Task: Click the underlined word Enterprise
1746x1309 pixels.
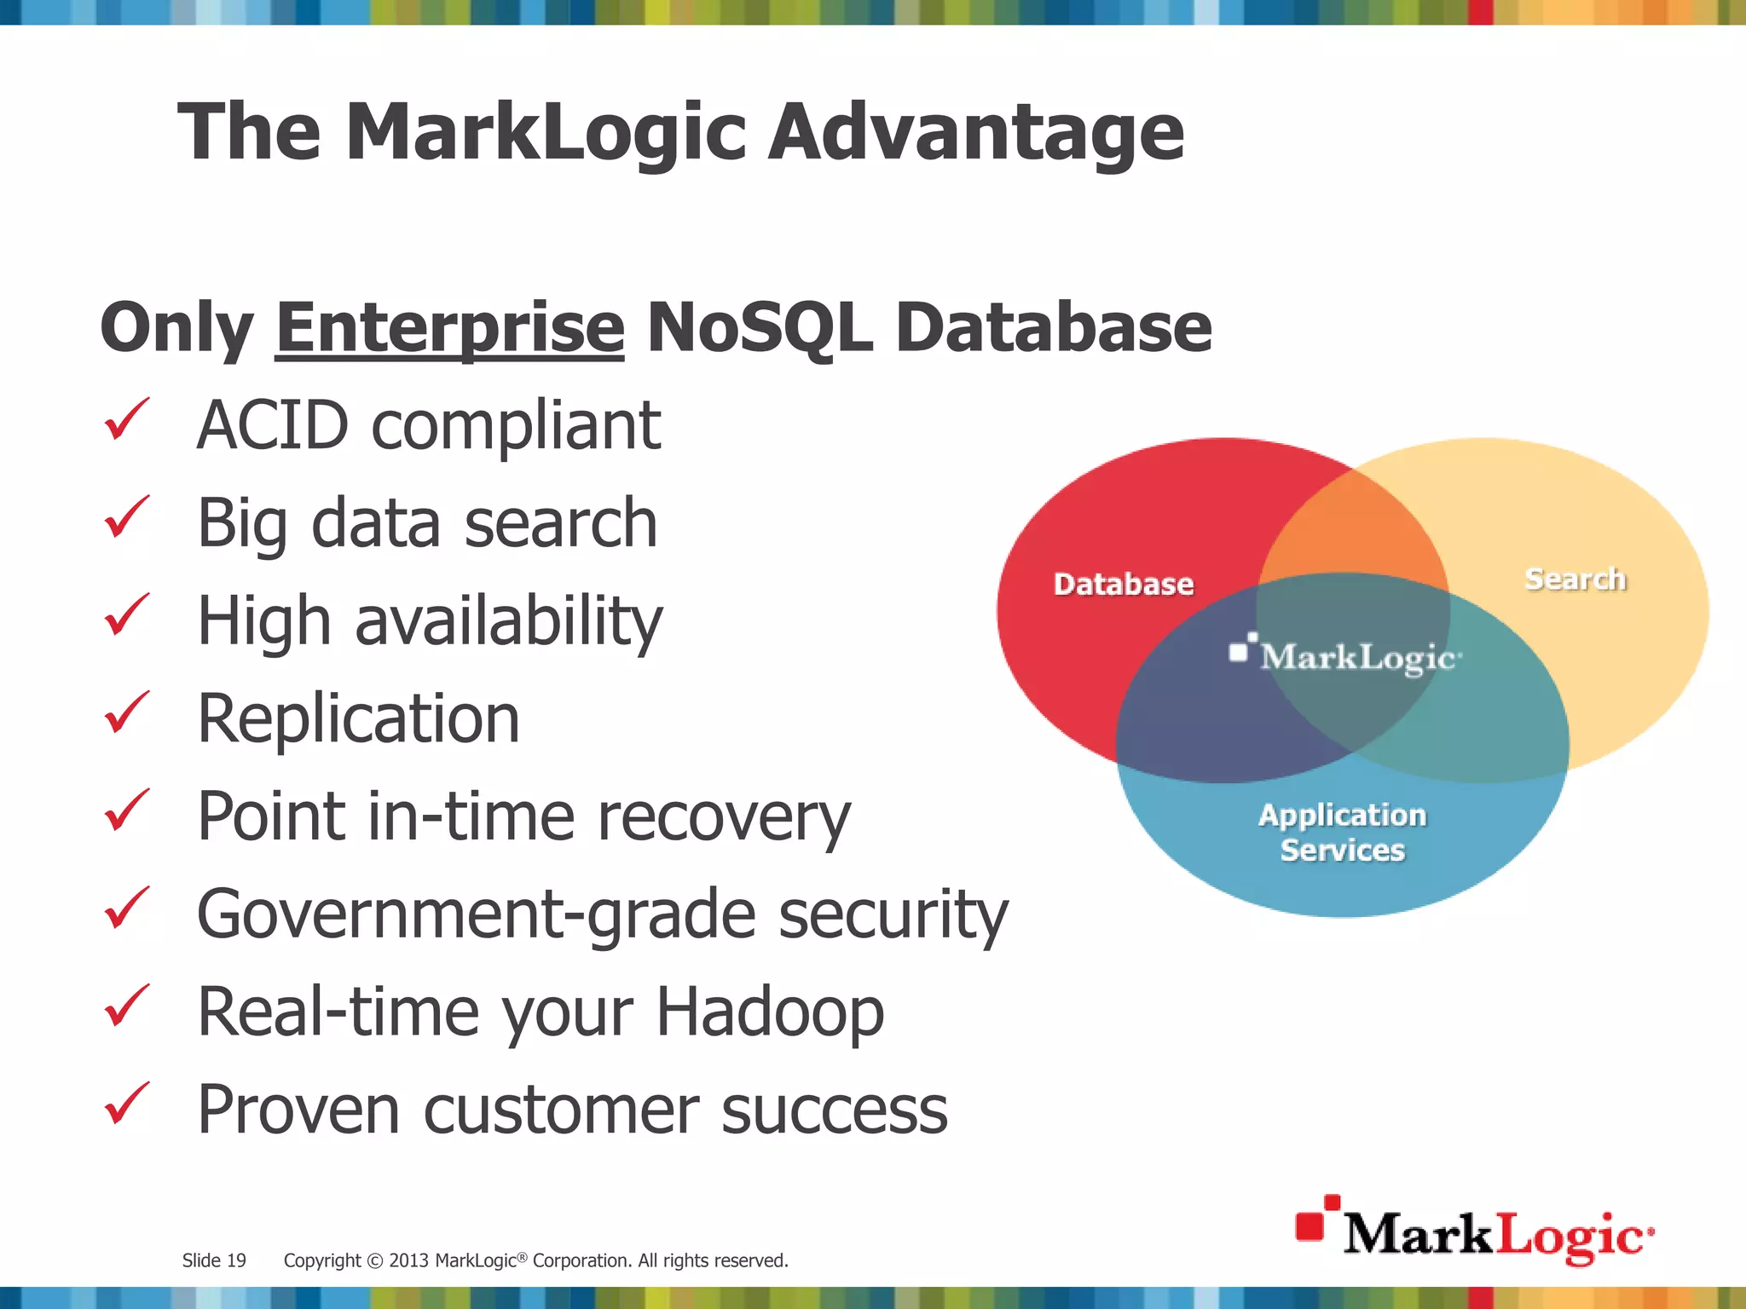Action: coord(450,329)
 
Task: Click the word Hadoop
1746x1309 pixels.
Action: coord(770,1012)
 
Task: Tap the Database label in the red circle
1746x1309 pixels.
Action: coord(1123,585)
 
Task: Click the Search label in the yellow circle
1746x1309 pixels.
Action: coord(1575,580)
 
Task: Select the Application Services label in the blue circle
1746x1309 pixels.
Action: coord(1342,833)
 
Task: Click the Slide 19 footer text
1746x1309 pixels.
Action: coord(214,1260)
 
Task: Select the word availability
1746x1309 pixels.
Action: coord(508,621)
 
